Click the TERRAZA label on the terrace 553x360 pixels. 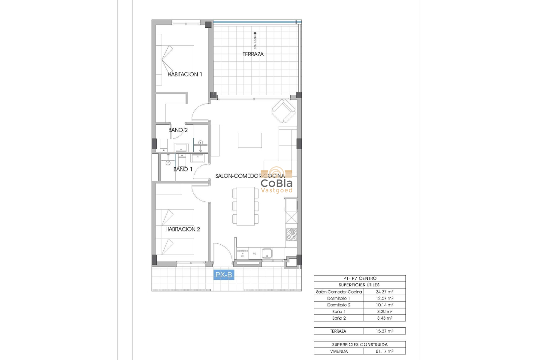253,54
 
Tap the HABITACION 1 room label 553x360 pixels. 185,74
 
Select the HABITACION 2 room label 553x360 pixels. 183,229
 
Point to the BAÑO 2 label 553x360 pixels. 178,130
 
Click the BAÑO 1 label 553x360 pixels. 183,169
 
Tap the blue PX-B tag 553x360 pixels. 224,275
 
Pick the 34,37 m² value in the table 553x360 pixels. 384,292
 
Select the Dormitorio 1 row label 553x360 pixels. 339,298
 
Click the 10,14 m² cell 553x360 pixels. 384,305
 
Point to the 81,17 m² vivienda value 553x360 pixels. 384,351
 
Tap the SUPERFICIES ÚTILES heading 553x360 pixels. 359,285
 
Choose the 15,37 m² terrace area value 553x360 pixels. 384,331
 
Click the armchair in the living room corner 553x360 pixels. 284,111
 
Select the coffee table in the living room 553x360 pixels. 250,140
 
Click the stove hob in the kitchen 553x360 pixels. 291,234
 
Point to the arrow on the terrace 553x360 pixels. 255,34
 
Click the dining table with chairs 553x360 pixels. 245,206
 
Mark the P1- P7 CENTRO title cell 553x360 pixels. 359,278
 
